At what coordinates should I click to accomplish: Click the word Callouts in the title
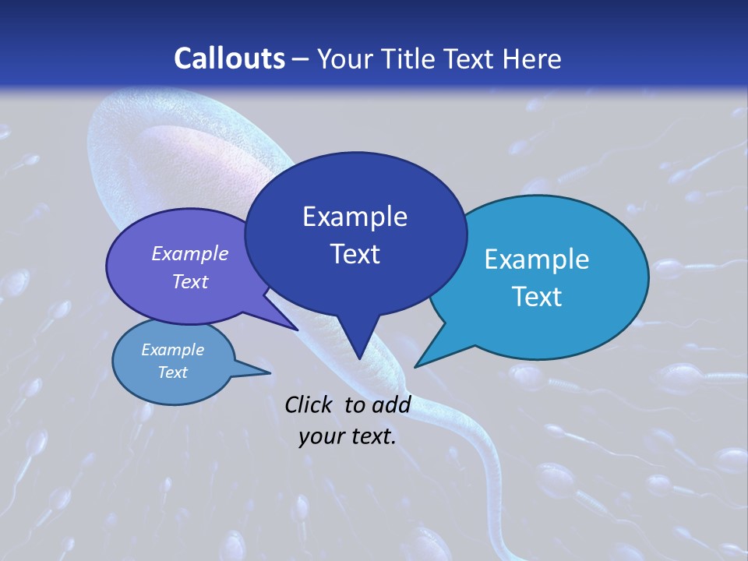tap(229, 58)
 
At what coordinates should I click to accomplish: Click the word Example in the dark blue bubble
tap(355, 216)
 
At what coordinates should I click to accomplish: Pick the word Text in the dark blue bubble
tap(355, 253)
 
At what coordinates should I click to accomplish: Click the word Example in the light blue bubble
tap(536, 259)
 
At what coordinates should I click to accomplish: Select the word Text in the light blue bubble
tap(536, 296)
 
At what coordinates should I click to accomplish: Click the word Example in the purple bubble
tap(189, 253)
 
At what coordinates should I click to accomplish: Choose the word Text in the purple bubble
tap(189, 281)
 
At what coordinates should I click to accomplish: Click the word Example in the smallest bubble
tap(172, 350)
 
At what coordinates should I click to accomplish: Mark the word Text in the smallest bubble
tap(172, 372)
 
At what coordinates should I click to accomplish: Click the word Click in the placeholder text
tap(310, 404)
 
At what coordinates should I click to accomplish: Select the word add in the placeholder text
tap(391, 404)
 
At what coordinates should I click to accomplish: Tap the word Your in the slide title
tap(342, 58)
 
